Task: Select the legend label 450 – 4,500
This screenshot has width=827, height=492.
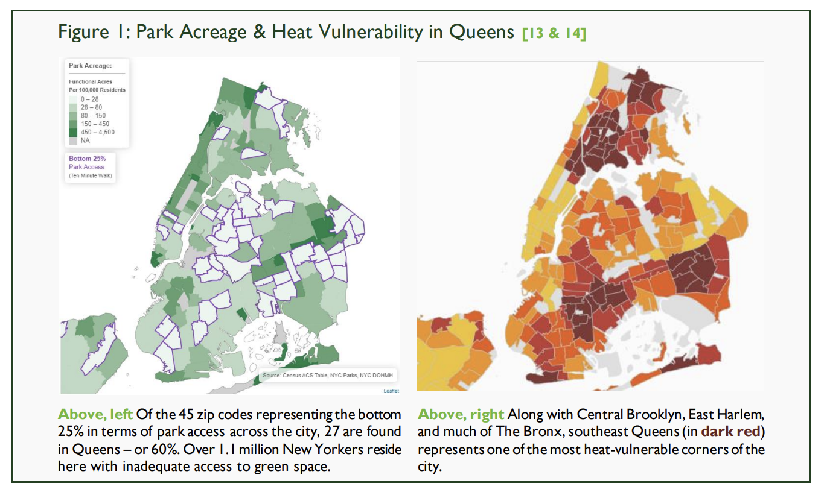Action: coord(97,132)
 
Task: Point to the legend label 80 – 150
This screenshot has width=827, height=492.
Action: coord(93,115)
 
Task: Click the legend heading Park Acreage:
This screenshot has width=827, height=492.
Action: coord(91,66)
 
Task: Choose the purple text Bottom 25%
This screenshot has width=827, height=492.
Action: coord(87,159)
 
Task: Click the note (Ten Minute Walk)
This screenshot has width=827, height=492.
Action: coord(91,176)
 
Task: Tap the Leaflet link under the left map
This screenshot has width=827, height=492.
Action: coord(391,391)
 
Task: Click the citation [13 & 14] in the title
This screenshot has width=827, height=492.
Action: coord(554,33)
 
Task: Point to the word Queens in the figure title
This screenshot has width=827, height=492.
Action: coord(482,32)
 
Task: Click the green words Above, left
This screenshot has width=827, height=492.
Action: coord(95,415)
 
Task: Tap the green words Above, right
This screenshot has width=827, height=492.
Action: coord(461,415)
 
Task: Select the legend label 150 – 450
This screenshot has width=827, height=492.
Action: coord(95,124)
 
